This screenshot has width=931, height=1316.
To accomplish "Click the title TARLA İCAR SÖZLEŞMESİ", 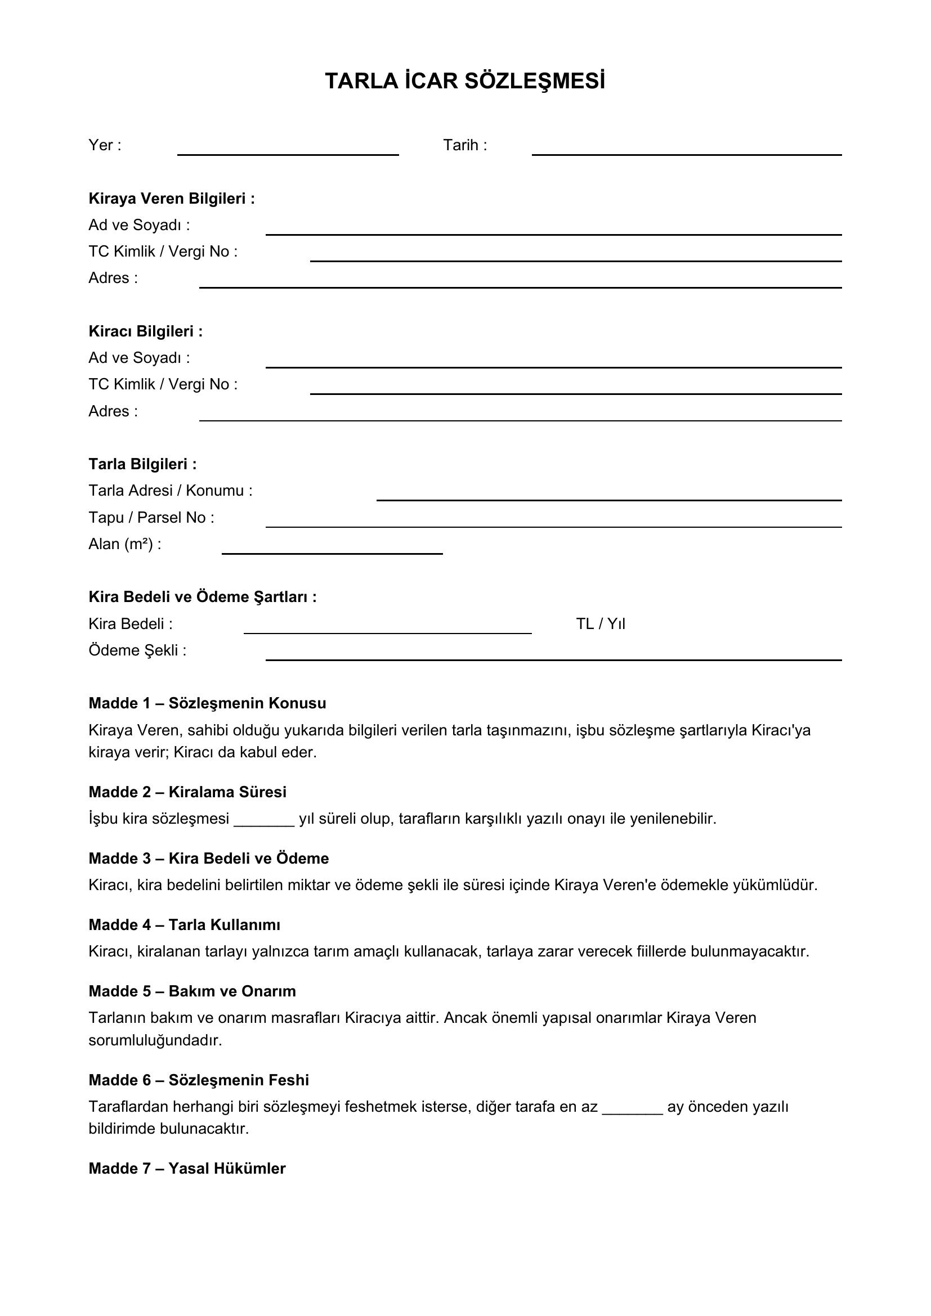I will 465,82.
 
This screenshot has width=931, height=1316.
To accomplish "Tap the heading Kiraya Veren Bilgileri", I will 172,198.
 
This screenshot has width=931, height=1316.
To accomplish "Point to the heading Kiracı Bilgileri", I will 146,331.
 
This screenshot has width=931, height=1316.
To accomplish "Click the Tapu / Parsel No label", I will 151,518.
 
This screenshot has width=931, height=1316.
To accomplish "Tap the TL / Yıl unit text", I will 600,623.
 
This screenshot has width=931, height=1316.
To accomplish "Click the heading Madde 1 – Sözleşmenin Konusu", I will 207,703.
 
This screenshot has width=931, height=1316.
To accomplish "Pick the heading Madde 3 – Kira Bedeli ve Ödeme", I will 209,858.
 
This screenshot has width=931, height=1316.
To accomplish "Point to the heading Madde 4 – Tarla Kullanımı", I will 184,924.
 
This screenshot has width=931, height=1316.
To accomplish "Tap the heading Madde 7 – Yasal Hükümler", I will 187,1168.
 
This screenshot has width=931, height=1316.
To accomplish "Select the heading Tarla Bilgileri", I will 142,464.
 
